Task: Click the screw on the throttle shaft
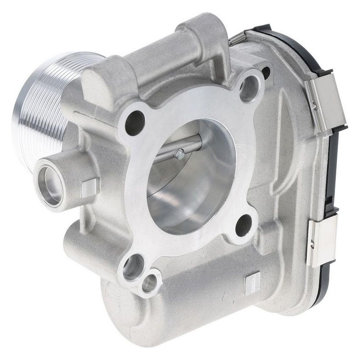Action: coord(178,154)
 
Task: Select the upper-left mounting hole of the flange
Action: coord(135,122)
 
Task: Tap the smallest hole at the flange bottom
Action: coord(149,284)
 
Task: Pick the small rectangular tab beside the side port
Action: coord(90,187)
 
